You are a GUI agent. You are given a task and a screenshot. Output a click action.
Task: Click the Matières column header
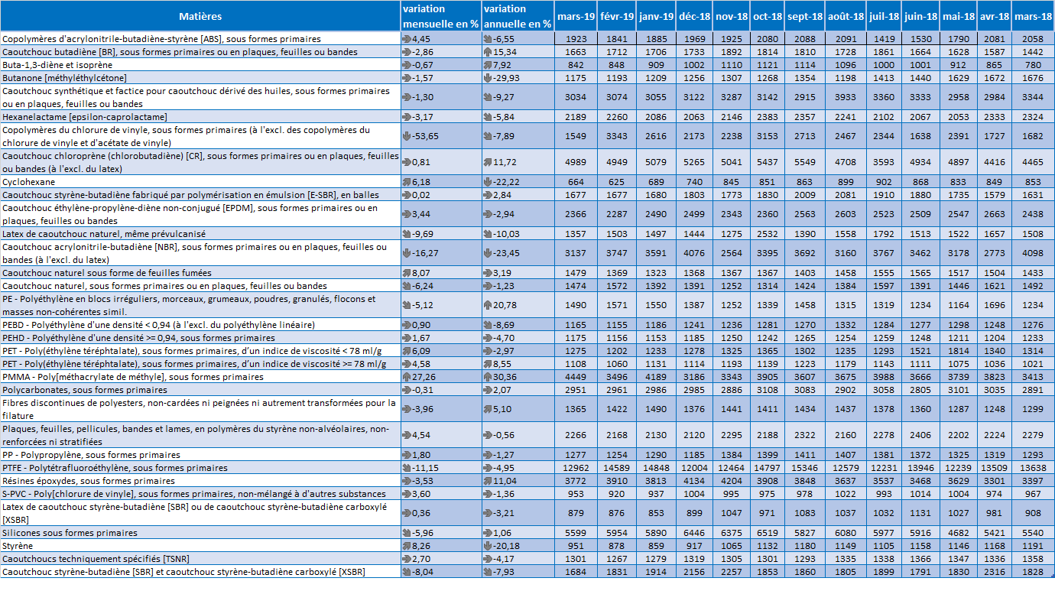(200, 17)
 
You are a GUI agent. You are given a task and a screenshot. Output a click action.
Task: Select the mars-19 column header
(576, 17)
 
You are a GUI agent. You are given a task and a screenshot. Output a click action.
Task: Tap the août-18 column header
(846, 17)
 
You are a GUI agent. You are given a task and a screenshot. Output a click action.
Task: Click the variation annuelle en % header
(517, 17)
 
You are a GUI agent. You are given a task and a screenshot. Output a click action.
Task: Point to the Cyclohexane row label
(29, 182)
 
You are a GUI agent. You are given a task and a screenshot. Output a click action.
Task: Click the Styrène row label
(18, 546)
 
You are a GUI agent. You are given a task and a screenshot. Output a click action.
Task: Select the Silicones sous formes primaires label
(70, 533)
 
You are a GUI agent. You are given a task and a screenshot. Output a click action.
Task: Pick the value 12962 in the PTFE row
(576, 468)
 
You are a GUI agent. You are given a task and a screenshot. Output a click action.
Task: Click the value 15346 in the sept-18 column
(804, 468)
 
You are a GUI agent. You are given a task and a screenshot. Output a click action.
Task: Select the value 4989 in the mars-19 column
(576, 162)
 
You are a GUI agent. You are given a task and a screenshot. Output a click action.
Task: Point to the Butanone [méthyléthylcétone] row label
(64, 78)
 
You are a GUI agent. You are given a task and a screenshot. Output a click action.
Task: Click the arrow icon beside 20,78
(488, 305)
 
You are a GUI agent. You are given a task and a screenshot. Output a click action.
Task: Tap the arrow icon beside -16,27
(407, 253)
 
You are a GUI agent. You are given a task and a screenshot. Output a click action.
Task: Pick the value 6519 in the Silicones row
(768, 533)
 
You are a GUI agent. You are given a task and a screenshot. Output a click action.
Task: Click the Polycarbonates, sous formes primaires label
(85, 390)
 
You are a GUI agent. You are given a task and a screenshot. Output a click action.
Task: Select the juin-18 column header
(920, 17)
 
